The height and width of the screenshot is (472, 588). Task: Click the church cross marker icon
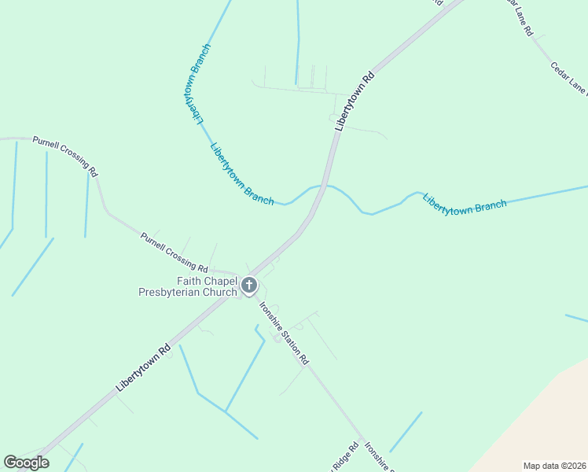click(249, 286)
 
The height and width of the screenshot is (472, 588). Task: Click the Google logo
click(26, 463)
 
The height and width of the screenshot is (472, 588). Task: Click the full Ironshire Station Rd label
click(284, 332)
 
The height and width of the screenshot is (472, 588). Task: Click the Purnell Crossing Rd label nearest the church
click(174, 252)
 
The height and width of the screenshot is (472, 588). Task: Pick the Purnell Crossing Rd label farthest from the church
click(65, 156)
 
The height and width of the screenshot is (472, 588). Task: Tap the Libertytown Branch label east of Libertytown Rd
click(465, 202)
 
